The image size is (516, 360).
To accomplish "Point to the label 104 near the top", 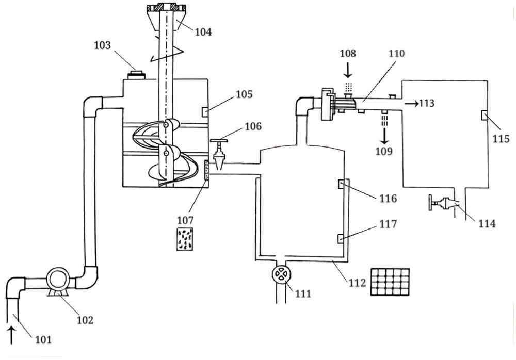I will (203, 32).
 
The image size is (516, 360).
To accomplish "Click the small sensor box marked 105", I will (205, 110).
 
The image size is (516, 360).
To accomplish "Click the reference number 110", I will (397, 53).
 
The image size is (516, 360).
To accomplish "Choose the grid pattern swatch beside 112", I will (390, 281).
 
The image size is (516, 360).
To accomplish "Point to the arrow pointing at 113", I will (412, 104).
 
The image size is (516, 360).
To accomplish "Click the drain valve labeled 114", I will (442, 206).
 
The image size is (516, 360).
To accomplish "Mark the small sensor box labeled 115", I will (483, 114).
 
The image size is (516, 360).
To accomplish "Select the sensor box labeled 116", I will (341, 184).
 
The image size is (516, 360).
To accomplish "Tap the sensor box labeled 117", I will (341, 238).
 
